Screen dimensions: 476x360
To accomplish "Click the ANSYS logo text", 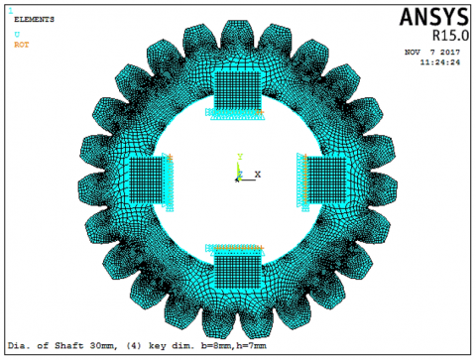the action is coord(434,17).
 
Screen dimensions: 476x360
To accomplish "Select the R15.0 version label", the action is coord(450,36).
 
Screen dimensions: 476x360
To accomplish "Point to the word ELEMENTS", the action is coord(34,20).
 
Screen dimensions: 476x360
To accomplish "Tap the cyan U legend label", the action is coord(17,35).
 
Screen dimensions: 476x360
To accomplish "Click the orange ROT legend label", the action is coord(22,45).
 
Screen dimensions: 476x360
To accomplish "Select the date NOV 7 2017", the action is coord(432,53).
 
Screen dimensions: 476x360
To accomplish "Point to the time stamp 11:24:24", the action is coord(440,62).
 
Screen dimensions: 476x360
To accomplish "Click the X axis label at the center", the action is coord(258,174).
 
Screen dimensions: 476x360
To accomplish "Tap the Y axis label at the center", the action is coord(240,157).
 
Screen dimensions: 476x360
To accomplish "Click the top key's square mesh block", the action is coord(238,90).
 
